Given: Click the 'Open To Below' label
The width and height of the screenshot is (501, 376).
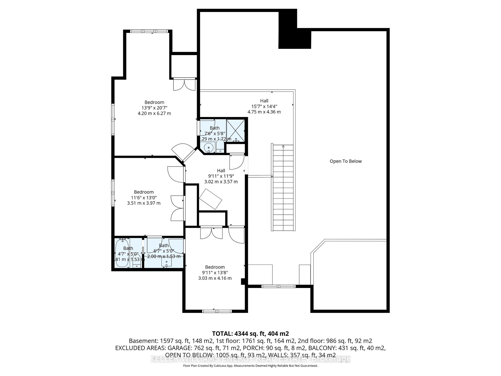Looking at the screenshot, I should click(345, 161).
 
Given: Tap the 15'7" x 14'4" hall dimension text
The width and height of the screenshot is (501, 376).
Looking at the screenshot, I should click(264, 106).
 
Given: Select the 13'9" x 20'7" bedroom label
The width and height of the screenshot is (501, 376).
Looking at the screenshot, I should click(154, 108).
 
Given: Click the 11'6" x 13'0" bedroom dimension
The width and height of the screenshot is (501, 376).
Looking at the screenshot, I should click(144, 197).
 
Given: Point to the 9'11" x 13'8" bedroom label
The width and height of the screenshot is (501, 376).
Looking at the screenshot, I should click(215, 272).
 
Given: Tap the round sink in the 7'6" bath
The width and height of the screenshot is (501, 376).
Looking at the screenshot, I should click(208, 148).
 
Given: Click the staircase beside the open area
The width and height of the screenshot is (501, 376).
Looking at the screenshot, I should click(283, 188).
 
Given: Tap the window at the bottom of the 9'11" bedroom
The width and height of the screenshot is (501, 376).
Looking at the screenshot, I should click(217, 311).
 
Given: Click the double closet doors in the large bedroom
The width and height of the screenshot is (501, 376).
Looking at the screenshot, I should click(184, 84).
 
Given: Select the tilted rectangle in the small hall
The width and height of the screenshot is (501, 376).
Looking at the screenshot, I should click(210, 199).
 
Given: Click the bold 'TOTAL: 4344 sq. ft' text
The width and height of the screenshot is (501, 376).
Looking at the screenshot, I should click(250, 333).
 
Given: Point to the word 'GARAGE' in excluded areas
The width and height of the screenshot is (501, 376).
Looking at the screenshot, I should click(180, 348).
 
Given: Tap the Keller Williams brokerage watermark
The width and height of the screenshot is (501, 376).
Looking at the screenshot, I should click(250, 359).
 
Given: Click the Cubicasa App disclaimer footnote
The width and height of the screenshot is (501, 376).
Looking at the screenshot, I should click(250, 366).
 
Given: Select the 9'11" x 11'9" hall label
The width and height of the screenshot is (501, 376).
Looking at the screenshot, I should click(221, 176).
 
